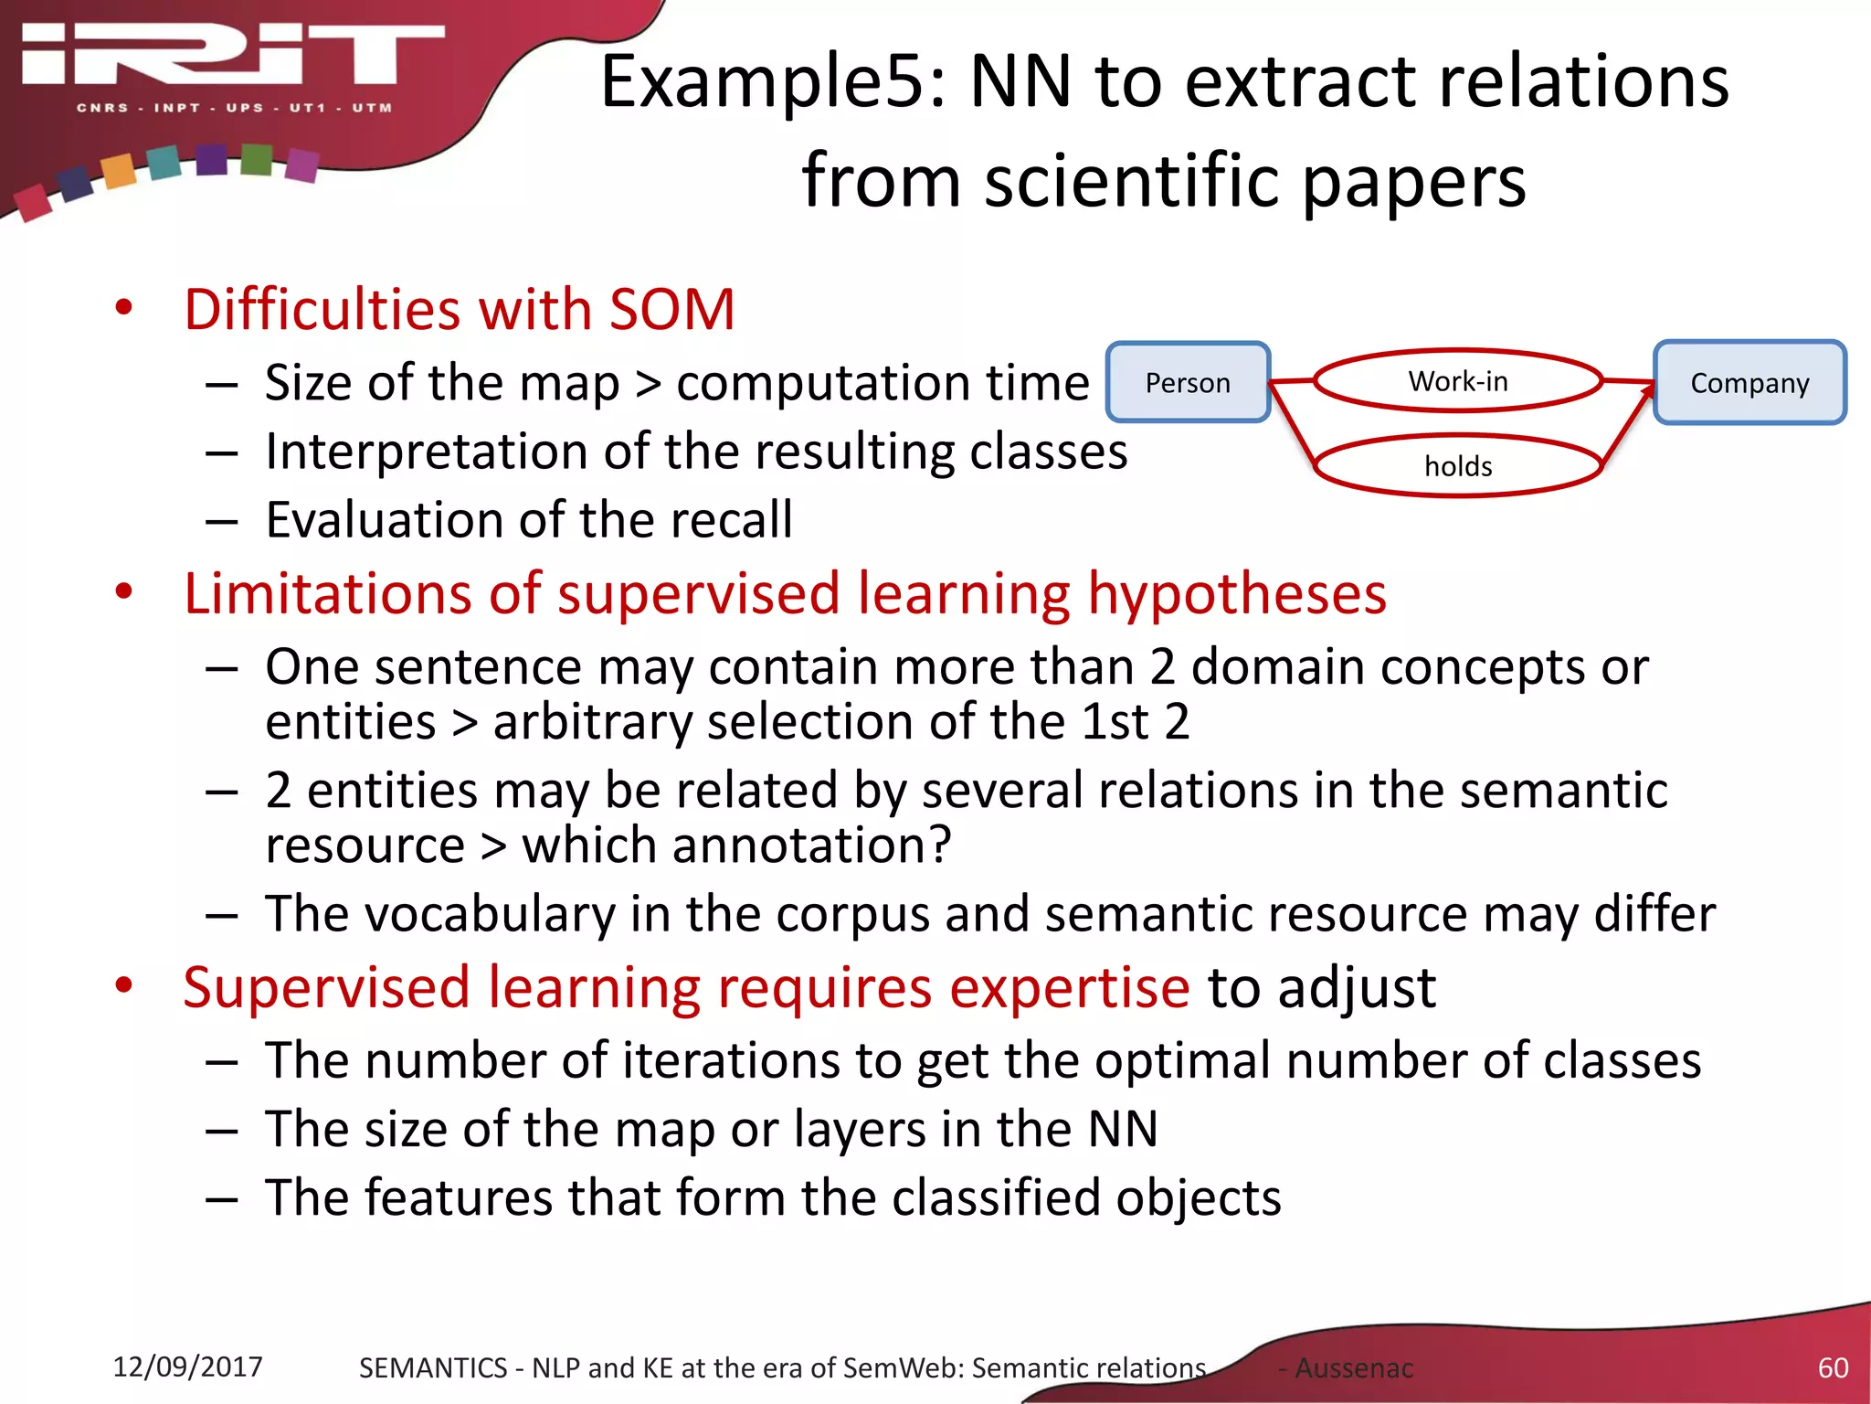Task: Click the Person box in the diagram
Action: coord(1188,382)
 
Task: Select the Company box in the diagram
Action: coord(1749,382)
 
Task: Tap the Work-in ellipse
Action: coord(1458,380)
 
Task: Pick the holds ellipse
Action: coord(1458,466)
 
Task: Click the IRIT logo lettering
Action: coord(233,57)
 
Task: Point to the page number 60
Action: coord(1833,1367)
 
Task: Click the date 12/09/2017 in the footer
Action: coord(187,1367)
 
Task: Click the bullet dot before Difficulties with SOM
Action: coord(124,308)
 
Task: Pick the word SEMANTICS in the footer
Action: coord(432,1367)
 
